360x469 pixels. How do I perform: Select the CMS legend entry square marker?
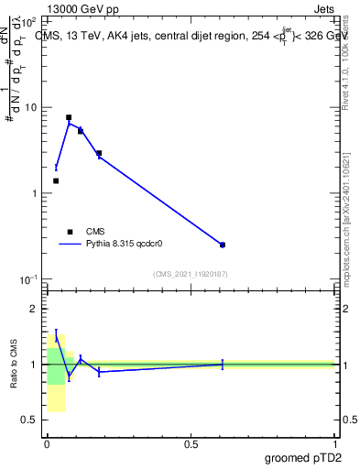70,232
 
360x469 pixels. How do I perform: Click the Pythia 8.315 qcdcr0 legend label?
125,245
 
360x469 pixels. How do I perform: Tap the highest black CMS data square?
69,117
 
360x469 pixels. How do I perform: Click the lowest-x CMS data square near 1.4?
56,180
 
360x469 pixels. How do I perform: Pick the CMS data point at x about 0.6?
223,245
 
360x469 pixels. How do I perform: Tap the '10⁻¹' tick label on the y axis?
30,278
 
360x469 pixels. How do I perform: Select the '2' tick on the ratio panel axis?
36,309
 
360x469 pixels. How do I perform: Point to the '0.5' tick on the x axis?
191,444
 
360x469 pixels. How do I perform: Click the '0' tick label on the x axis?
47,444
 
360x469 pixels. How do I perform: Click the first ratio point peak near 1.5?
56,336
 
